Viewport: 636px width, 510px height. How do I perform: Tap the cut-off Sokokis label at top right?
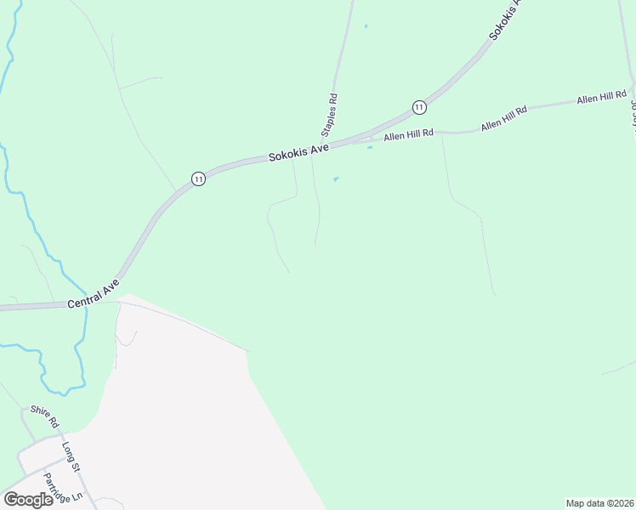(x=505, y=20)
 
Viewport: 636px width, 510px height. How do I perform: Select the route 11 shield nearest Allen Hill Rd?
(x=419, y=106)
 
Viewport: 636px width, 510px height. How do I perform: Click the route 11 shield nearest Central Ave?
(x=198, y=178)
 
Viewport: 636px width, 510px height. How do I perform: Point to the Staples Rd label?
(x=328, y=115)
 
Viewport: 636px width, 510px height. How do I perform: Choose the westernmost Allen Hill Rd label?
(x=408, y=134)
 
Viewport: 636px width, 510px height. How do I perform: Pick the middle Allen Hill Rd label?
(x=504, y=117)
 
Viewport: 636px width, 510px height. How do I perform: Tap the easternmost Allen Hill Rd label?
(x=601, y=99)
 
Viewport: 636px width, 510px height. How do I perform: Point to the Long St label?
(x=71, y=456)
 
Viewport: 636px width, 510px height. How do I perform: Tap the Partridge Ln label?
(x=64, y=487)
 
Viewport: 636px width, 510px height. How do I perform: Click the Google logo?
(x=28, y=500)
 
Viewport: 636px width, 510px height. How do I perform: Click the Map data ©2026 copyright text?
(x=599, y=503)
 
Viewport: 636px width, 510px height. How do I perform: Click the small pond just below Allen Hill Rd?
(x=369, y=147)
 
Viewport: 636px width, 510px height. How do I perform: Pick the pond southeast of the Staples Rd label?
(x=336, y=178)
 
